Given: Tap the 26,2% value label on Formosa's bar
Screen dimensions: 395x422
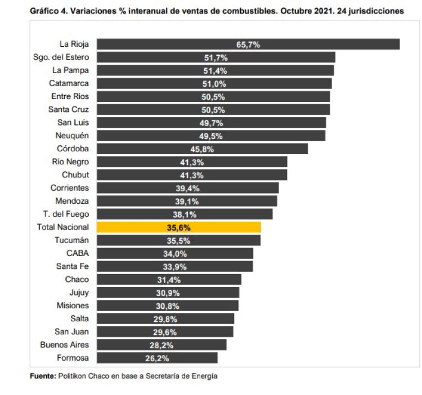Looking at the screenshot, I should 157,358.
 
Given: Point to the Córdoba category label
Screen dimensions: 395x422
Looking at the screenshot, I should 73,149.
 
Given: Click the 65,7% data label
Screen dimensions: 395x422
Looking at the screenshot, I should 248,44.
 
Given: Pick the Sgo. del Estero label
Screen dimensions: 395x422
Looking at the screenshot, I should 61,57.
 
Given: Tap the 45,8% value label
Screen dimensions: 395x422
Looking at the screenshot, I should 202,149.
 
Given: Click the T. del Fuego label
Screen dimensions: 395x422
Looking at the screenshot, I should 65,214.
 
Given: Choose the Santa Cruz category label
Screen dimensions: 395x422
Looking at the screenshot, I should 69,109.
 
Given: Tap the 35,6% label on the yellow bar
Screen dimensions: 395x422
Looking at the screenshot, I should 179,227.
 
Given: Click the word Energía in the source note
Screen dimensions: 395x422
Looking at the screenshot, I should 204,376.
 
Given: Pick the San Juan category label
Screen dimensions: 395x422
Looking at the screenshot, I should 71,331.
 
